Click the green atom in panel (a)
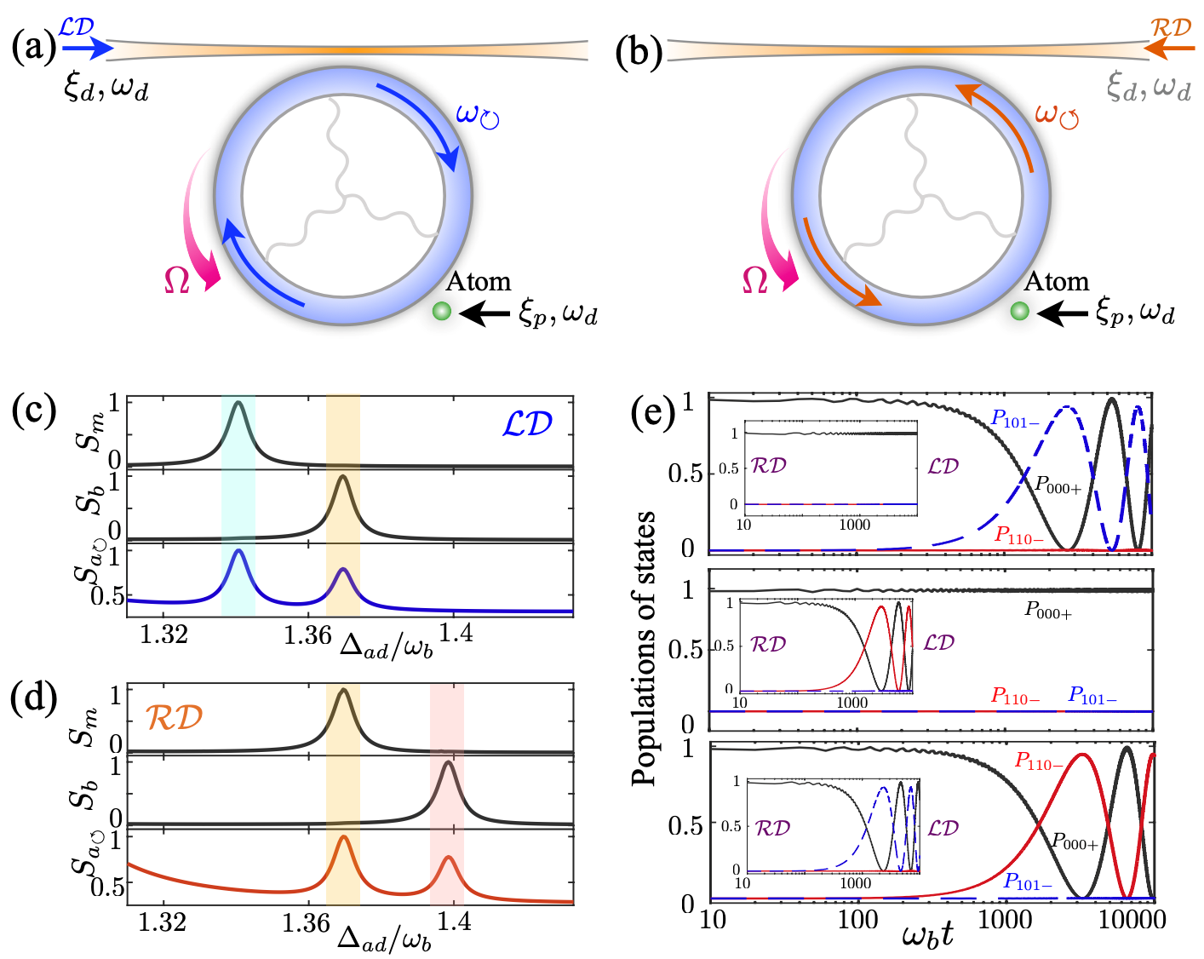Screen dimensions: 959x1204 441,312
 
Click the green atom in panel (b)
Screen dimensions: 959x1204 1019,312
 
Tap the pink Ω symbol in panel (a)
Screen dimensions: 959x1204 177,280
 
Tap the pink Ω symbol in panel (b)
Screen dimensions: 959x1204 755,280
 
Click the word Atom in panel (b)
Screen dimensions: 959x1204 1056,282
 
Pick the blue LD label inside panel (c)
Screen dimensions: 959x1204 527,424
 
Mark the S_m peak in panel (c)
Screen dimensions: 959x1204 238,403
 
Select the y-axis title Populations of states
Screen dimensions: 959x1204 645,648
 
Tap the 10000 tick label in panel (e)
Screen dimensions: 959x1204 1132,920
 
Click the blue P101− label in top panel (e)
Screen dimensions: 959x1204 1014,421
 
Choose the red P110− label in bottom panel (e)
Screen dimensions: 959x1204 1039,763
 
